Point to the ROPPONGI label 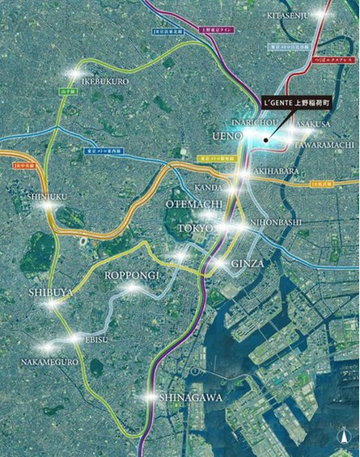click(133, 275)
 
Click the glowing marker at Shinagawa click(150, 396)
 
